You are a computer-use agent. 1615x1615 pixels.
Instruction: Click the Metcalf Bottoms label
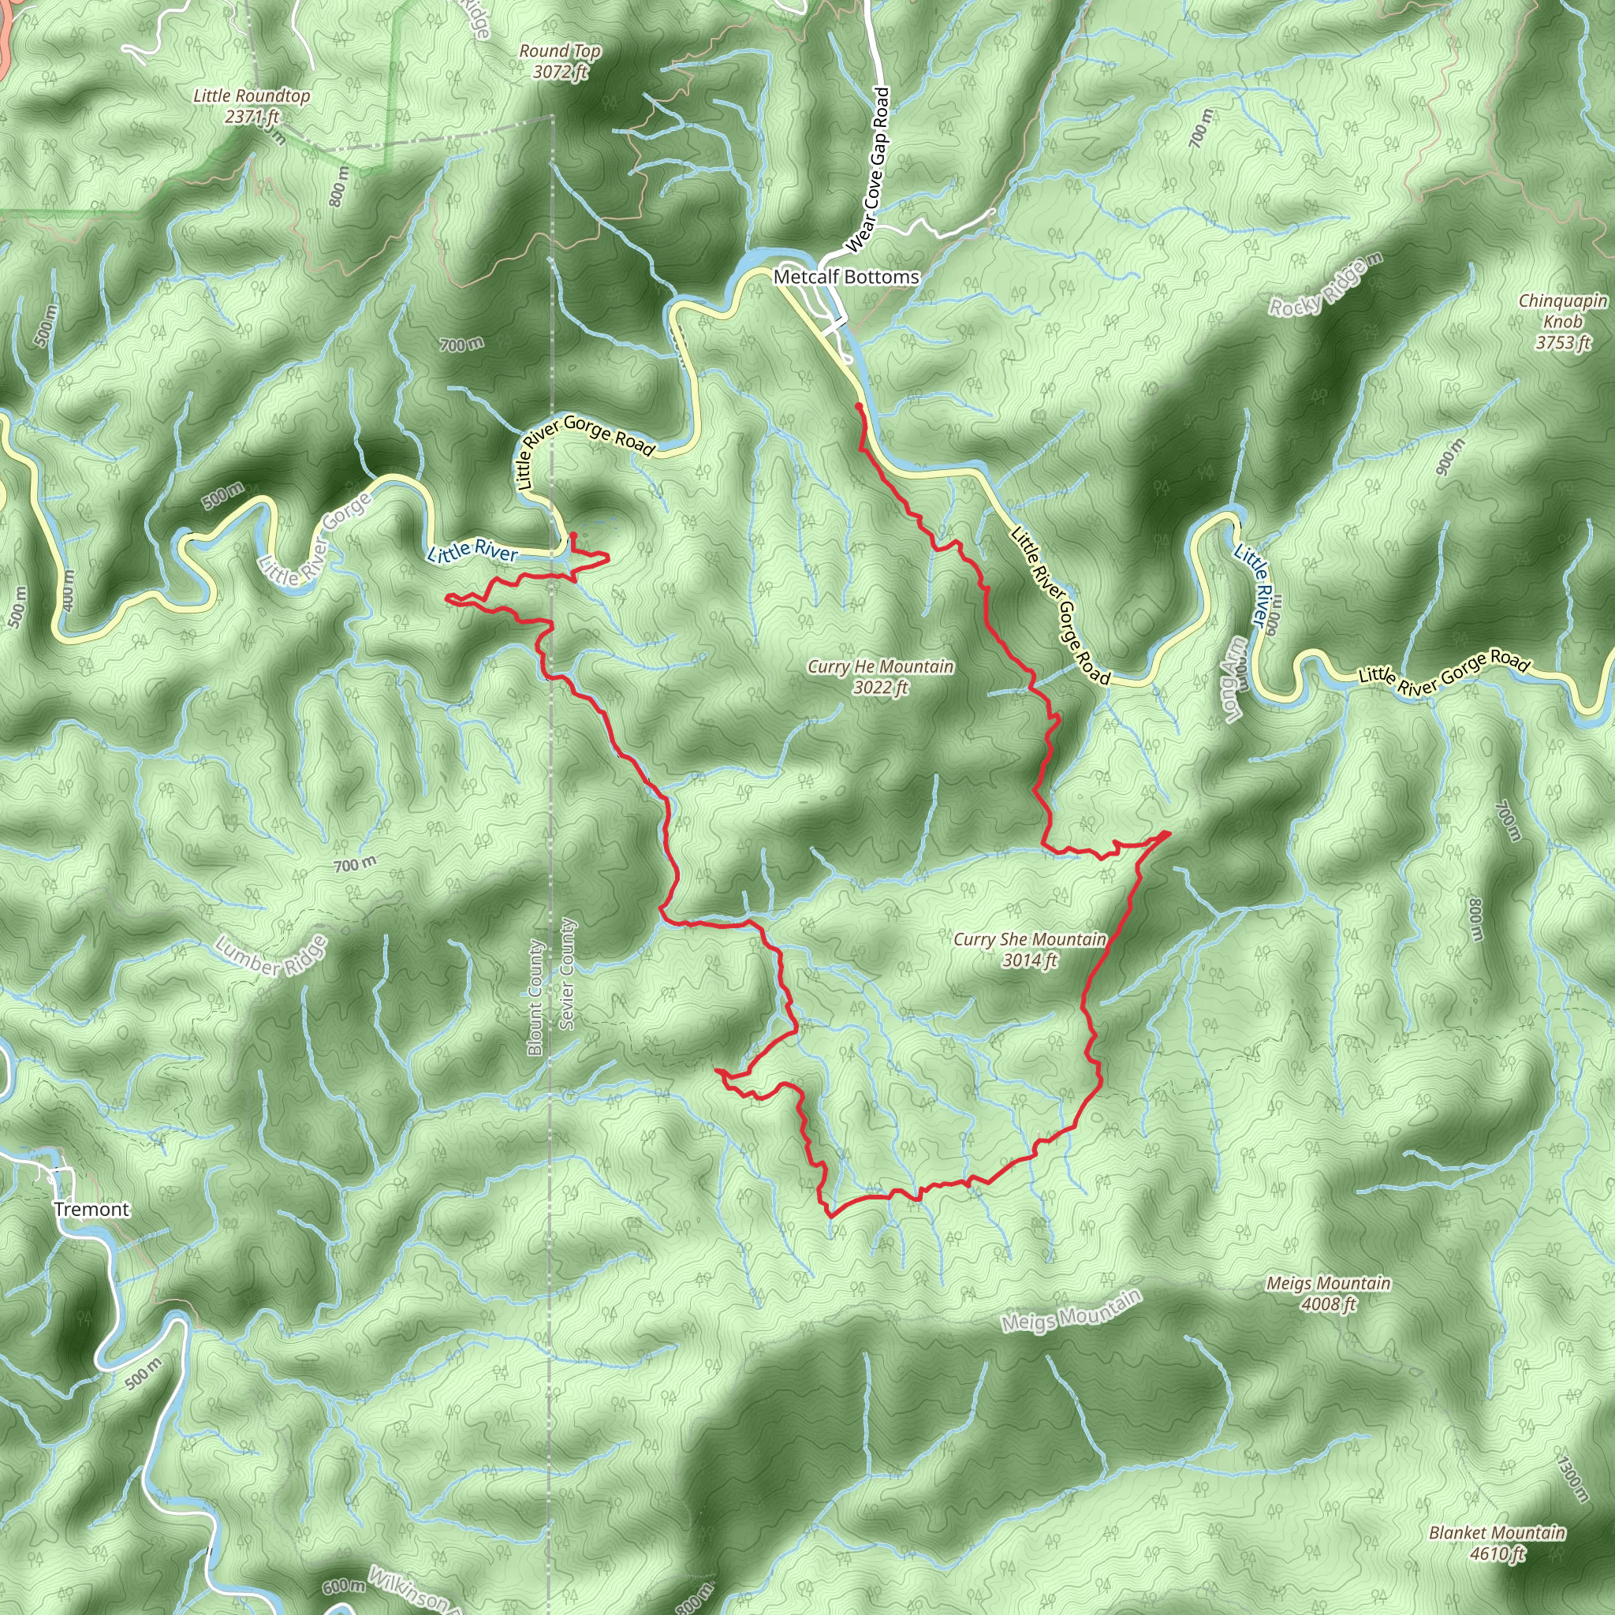846,277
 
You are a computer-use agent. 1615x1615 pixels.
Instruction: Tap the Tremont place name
92,1210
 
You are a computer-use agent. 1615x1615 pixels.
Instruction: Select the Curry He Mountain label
880,677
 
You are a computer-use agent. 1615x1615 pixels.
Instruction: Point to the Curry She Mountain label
1030,949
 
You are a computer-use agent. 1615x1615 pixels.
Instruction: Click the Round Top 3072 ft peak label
560,62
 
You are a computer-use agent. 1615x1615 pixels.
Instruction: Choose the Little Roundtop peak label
252,106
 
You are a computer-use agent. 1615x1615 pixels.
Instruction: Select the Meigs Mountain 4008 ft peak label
1328,1293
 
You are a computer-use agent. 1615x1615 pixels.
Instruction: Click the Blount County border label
535,999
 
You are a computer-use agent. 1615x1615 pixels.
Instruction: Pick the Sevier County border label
568,974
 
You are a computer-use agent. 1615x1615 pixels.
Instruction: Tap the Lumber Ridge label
270,957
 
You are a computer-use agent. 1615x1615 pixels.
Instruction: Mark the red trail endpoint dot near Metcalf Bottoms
859,406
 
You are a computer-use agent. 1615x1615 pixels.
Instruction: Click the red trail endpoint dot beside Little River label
573,535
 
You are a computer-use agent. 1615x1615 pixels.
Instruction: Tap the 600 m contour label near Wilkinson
344,1587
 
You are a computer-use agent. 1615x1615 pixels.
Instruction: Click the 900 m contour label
1450,457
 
